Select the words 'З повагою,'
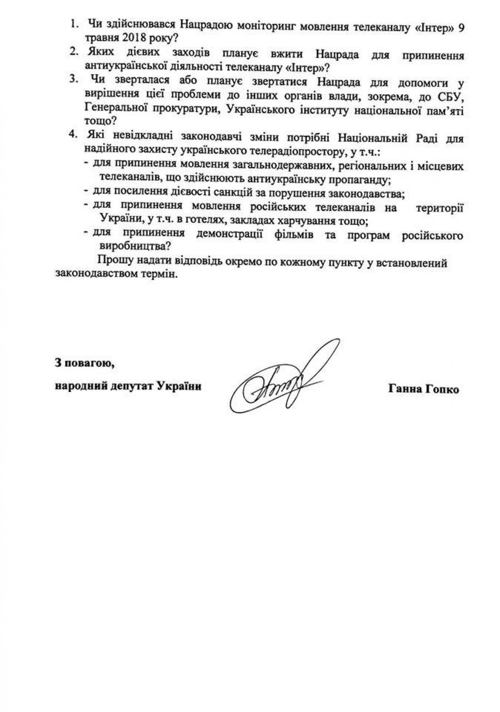click(x=85, y=363)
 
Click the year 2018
click(x=123, y=37)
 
